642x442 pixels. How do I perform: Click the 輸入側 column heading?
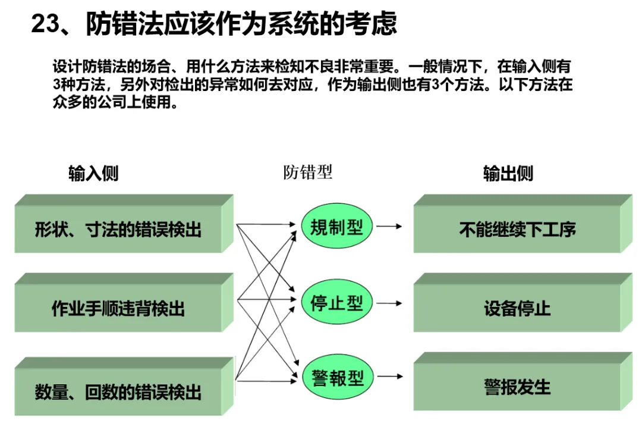[93, 173]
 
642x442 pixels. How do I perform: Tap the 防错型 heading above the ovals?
[307, 173]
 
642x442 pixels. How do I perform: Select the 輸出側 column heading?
[508, 173]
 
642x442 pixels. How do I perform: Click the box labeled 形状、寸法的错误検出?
[118, 229]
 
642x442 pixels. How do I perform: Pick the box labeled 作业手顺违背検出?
[118, 308]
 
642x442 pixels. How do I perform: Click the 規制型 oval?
[336, 227]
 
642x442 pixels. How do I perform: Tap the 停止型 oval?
[336, 303]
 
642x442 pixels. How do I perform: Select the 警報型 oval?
[336, 378]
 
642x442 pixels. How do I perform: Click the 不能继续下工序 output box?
[517, 229]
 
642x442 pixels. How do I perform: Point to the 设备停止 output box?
[517, 308]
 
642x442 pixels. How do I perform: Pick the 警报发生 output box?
[517, 387]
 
